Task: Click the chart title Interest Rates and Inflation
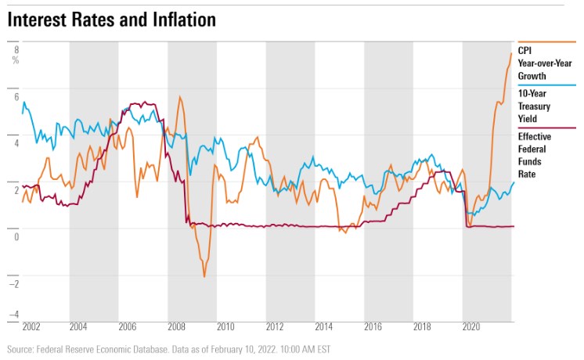pyautogui.click(x=112, y=20)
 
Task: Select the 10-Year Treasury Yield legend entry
pyautogui.click(x=537, y=106)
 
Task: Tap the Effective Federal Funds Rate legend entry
pyautogui.click(x=534, y=156)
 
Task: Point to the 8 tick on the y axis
pyautogui.click(x=16, y=49)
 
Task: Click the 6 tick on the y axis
pyautogui.click(x=16, y=95)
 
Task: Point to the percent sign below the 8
pyautogui.click(x=16, y=60)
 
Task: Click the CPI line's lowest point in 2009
pyautogui.click(x=204, y=276)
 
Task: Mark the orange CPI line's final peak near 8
pyautogui.click(x=511, y=53)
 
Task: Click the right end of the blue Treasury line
pyautogui.click(x=514, y=182)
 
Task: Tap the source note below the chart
pyautogui.click(x=168, y=349)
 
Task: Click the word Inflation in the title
pyautogui.click(x=181, y=20)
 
